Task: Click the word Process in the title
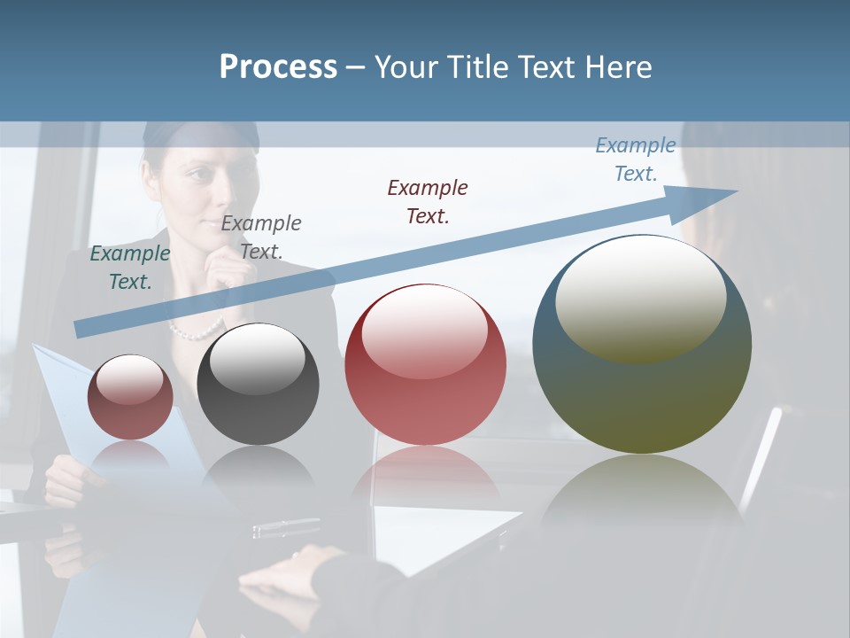click(278, 67)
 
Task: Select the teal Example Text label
click(129, 268)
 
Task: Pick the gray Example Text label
click(260, 237)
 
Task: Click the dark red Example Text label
click(428, 202)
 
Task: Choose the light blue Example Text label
click(635, 159)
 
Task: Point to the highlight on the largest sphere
click(640, 299)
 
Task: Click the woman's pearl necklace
click(197, 331)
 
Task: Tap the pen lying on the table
click(285, 528)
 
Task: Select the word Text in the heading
click(548, 67)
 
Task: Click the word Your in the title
click(404, 67)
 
